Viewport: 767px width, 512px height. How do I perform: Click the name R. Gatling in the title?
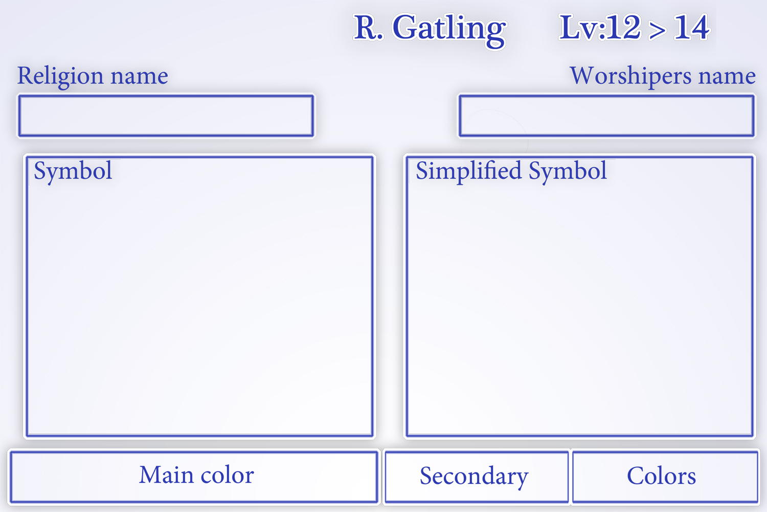[x=430, y=28]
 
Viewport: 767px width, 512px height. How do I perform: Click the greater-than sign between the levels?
[x=657, y=30]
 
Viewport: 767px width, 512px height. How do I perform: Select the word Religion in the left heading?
[x=61, y=76]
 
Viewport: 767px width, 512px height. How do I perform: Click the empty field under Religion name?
[x=166, y=116]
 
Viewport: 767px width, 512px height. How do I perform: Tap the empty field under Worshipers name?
[x=606, y=116]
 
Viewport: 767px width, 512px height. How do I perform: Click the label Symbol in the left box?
[x=73, y=171]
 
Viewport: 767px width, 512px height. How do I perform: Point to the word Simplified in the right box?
[x=469, y=170]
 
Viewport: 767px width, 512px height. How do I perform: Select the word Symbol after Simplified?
[x=568, y=171]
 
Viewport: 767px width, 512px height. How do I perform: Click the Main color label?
[x=196, y=475]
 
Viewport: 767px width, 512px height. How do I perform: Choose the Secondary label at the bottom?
[x=474, y=477]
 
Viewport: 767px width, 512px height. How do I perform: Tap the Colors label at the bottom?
[x=661, y=476]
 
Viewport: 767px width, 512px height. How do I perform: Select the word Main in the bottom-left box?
[x=166, y=475]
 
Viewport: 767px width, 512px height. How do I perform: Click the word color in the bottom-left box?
[x=227, y=476]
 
